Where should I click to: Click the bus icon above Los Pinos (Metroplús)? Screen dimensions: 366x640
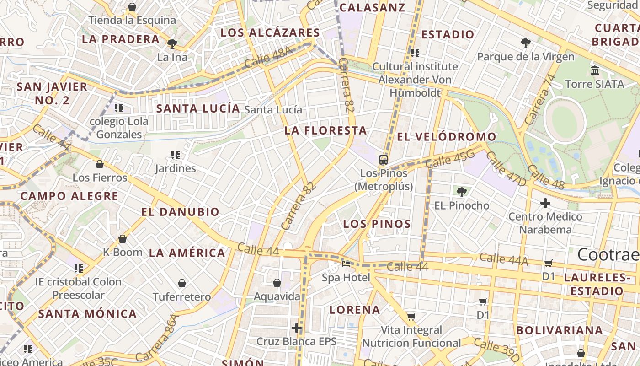[384, 160]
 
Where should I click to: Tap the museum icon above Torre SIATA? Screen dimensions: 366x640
[595, 70]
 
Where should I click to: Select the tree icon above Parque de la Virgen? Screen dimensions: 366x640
[526, 43]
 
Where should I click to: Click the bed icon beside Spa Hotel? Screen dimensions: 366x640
[346, 264]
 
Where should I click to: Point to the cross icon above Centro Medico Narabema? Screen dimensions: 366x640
[545, 203]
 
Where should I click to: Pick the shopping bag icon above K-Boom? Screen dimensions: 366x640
[122, 239]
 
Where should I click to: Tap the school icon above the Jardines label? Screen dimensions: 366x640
[175, 155]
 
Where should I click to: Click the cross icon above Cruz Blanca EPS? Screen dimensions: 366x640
[297, 328]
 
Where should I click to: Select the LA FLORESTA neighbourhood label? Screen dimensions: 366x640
[325, 130]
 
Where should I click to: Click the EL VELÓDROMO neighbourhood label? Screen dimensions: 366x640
[446, 136]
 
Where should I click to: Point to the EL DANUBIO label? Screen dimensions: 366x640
[180, 212]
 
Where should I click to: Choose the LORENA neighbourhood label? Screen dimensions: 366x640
[355, 310]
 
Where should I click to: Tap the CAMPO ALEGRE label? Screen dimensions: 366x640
[69, 196]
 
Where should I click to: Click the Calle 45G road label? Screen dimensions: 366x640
[450, 160]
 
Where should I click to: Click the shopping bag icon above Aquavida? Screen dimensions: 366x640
[277, 283]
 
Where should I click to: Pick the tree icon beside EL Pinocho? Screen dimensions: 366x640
[462, 192]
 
